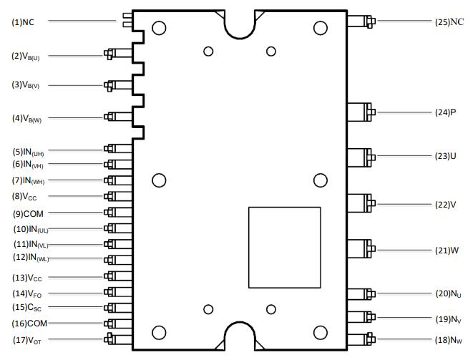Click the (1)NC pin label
(22, 21)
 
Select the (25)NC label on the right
(449, 21)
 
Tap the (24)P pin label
(446, 112)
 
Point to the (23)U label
(446, 156)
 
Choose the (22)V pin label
(446, 204)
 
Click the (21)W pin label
(447, 250)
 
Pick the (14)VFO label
(28, 293)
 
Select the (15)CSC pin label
(27, 307)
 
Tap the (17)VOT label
(27, 339)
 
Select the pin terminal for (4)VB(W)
(120, 117)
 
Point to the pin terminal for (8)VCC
(119, 196)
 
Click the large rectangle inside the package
(284, 246)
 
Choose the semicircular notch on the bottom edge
(240, 337)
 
